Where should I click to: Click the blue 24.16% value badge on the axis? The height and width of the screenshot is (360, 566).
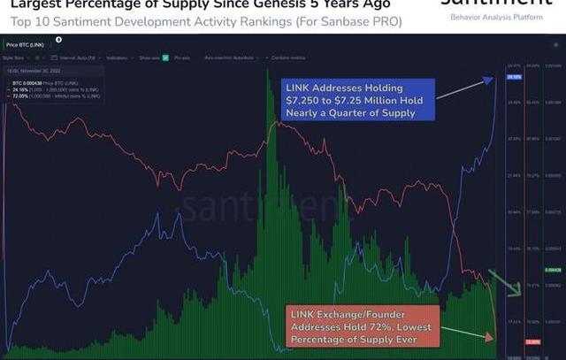pyautogui.click(x=514, y=77)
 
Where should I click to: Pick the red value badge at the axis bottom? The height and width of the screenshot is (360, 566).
pyautogui.click(x=532, y=341)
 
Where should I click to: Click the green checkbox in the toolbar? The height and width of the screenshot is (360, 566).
pyautogui.click(x=35, y=57)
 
